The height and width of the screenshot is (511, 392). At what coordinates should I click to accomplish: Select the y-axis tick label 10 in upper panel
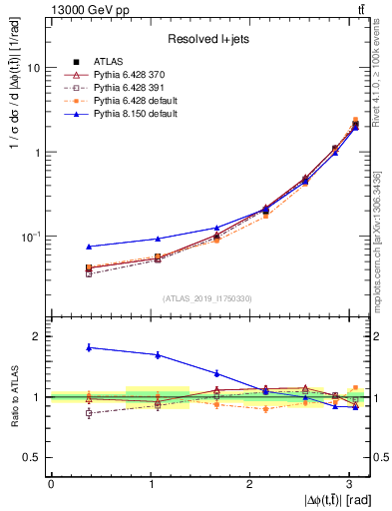point(34,68)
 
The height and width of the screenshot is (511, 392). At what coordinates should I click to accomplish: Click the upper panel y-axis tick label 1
point(38,153)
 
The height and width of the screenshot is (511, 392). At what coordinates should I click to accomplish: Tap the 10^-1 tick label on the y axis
point(32,237)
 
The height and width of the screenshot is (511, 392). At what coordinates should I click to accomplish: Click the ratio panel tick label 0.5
point(33,457)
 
